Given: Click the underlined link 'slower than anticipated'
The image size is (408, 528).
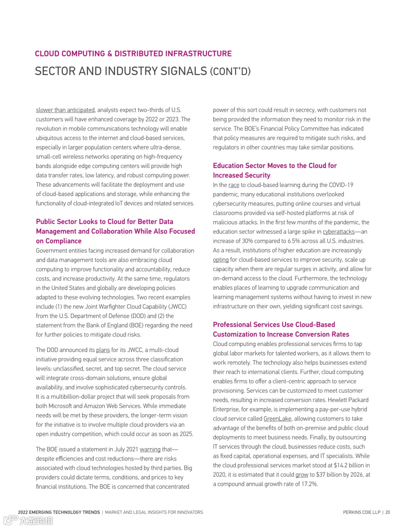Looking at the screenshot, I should point(65,110).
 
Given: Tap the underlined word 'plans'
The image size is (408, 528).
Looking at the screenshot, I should point(103,350).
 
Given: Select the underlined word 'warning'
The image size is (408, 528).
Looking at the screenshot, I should point(150,449).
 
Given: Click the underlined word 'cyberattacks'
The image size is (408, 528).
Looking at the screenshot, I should point(338,232).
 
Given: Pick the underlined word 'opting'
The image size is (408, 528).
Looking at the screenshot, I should point(221,260).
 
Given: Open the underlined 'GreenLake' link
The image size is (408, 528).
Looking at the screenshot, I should point(277,419).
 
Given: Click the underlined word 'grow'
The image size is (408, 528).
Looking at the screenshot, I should point(302,475).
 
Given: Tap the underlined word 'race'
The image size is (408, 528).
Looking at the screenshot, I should point(234,185).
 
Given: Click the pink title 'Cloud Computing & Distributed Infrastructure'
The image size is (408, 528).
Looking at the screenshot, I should point(133,54).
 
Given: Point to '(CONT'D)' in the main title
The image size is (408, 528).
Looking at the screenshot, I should point(230,71).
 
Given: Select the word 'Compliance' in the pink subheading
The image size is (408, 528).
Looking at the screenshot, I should point(63,241).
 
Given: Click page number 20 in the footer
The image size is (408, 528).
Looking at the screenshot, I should point(388,513).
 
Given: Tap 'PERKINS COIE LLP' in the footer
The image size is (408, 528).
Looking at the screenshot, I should point(362,513).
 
